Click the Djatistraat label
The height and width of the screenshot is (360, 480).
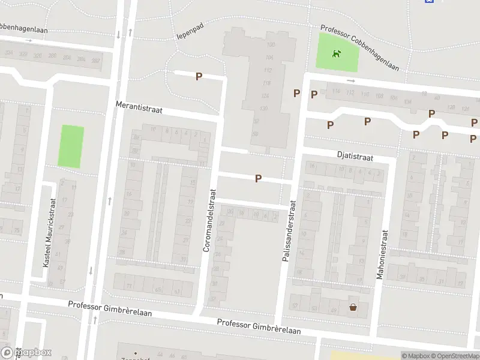(355, 157)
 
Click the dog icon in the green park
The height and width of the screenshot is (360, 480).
(337, 54)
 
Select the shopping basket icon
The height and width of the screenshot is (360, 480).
(353, 308)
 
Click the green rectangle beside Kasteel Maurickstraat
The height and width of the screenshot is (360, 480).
(71, 146)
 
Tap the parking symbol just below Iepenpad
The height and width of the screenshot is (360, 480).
(199, 76)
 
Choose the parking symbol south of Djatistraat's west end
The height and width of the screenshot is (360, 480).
(259, 178)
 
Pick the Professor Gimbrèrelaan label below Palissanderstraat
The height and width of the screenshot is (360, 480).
(259, 326)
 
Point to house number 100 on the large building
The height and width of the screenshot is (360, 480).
(270, 46)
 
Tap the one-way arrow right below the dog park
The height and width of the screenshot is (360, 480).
(351, 80)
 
